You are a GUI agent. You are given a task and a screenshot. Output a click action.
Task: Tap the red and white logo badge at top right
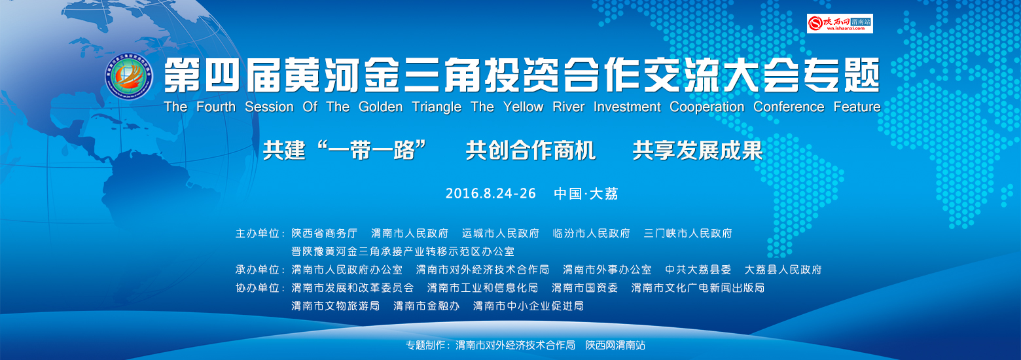tap(840, 24)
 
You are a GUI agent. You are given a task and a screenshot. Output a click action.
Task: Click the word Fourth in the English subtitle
tap(215, 107)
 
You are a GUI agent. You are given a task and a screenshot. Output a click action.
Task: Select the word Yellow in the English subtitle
tap(524, 107)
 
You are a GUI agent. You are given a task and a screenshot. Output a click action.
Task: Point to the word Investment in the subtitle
tap(627, 107)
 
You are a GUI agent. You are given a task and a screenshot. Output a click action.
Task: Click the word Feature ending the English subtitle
tap(857, 107)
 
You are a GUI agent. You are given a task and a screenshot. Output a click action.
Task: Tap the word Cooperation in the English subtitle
tap(707, 107)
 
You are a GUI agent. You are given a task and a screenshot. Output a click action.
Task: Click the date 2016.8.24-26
tap(490, 193)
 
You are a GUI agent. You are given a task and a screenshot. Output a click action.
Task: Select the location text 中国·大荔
tap(586, 194)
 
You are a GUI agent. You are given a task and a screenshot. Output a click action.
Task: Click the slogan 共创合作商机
tap(531, 151)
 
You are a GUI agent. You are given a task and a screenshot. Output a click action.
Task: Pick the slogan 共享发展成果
tap(698, 151)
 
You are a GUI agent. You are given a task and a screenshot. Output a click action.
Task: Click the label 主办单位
tap(257, 233)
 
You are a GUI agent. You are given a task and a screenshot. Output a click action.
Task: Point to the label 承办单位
tap(257, 270)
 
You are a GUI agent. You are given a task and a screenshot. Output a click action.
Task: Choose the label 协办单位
tap(257, 288)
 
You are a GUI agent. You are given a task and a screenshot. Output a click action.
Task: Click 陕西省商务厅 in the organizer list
tap(325, 233)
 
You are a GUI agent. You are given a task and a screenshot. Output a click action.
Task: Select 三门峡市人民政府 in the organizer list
tap(688, 233)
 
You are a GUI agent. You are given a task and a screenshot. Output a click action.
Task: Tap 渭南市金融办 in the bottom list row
tap(426, 306)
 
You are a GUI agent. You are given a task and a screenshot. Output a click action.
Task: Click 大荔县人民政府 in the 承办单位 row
tap(783, 270)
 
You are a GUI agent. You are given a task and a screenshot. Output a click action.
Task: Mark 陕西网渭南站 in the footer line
tap(615, 346)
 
